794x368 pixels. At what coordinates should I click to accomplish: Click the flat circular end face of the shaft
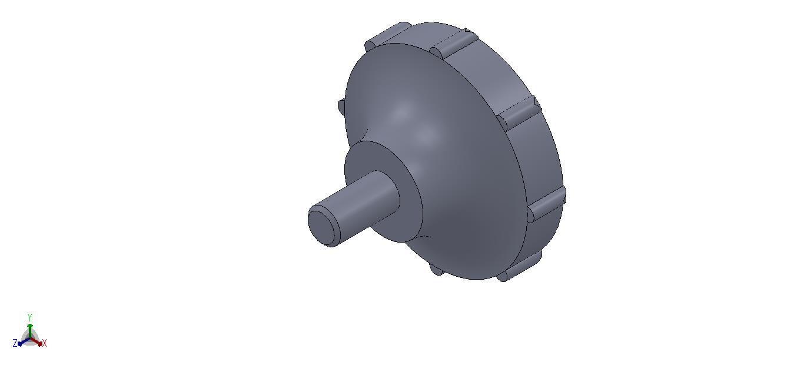point(321,227)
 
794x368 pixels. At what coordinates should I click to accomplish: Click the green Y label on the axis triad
point(30,317)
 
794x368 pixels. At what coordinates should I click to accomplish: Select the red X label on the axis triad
point(44,343)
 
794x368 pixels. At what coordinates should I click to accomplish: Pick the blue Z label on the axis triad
point(15,343)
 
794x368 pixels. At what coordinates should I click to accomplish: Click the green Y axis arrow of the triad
point(30,331)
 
